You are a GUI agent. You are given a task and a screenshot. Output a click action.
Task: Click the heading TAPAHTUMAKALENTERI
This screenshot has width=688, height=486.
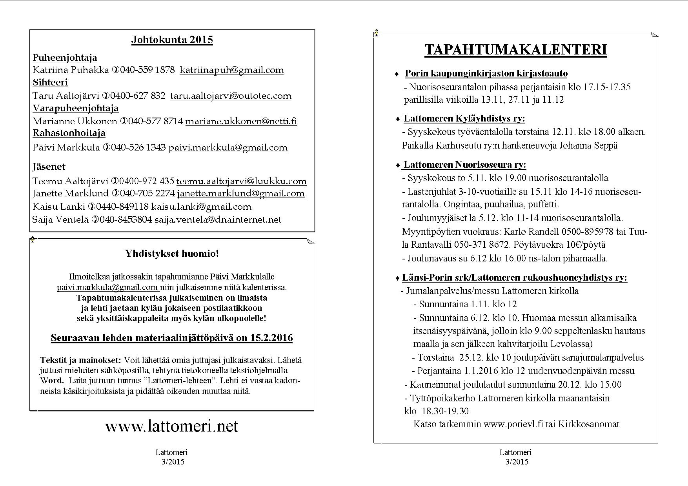pyautogui.click(x=516, y=50)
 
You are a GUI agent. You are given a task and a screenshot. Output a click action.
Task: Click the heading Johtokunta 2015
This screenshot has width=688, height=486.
pyautogui.click(x=172, y=40)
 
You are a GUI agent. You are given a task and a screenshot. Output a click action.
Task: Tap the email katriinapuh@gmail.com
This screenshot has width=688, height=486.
pyautogui.click(x=231, y=70)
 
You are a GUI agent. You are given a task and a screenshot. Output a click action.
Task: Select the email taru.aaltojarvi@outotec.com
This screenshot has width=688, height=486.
pyautogui.click(x=231, y=96)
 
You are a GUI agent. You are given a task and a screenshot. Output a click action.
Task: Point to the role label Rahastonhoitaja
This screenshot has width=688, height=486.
pyautogui.click(x=69, y=133)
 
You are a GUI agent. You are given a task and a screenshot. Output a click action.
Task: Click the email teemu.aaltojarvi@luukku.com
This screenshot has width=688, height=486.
pyautogui.click(x=241, y=181)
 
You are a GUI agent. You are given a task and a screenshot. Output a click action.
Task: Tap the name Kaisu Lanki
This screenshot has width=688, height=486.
pyautogui.click(x=59, y=207)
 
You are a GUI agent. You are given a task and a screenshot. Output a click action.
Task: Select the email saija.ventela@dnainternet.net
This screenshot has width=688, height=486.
pyautogui.click(x=218, y=220)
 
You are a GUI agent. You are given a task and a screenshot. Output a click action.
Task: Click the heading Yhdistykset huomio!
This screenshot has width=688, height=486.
pyautogui.click(x=172, y=254)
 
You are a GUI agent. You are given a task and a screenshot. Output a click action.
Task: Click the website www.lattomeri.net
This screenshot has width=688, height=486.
pyautogui.click(x=171, y=426)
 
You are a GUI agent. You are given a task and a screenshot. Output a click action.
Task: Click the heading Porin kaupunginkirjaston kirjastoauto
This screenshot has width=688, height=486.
pyautogui.click(x=486, y=74)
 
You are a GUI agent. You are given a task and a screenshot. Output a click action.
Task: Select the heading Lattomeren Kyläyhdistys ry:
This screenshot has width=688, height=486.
pyautogui.click(x=464, y=119)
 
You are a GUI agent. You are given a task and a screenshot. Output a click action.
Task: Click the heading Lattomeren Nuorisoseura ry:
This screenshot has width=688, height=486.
pyautogui.click(x=465, y=165)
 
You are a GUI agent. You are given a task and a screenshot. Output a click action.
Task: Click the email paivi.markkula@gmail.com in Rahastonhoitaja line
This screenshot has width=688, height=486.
pyautogui.click(x=228, y=148)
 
